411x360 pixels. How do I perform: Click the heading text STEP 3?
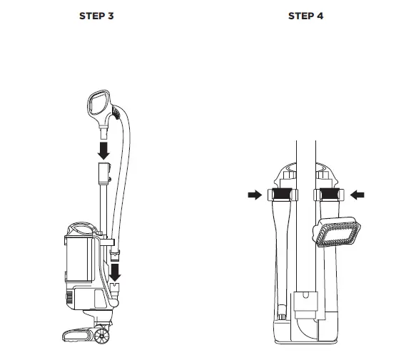point(96,16)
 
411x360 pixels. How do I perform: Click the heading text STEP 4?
point(305,16)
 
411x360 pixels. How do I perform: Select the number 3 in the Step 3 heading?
point(111,16)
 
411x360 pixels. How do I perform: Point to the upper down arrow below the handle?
point(104,148)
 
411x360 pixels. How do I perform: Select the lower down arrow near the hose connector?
point(115,272)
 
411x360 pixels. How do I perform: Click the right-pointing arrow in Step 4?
point(253,193)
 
